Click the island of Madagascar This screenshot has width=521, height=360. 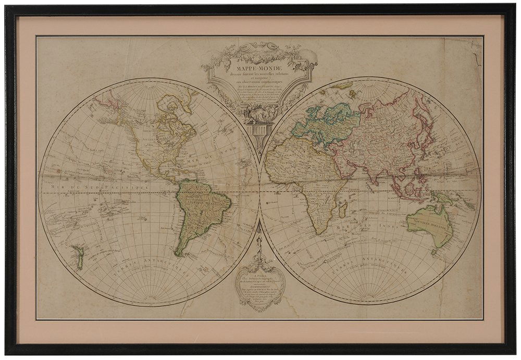(x=342, y=210)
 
